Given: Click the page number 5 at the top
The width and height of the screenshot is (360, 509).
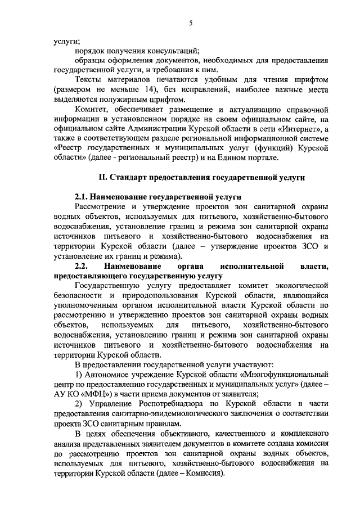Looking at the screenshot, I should [x=191, y=23].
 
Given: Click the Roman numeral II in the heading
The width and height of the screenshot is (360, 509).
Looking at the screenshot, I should [x=103, y=178].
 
